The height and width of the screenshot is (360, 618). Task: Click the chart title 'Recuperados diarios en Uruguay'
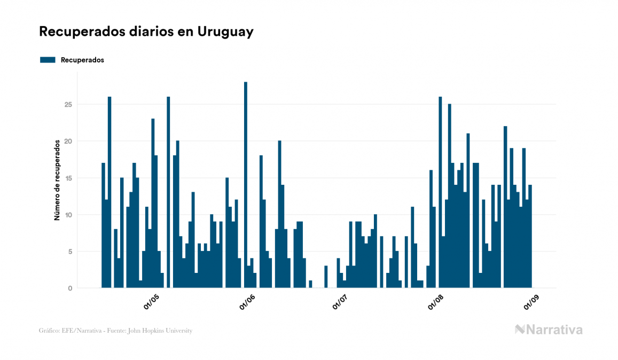pos(146,32)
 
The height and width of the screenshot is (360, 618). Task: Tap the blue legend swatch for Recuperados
pos(48,60)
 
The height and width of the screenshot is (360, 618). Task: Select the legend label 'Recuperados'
pos(82,60)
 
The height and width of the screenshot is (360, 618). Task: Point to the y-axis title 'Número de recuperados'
pos(56,180)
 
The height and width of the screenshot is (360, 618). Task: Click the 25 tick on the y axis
pos(68,104)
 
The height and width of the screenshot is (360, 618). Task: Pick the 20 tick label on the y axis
pos(68,141)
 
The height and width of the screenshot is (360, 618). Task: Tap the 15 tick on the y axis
pos(68,178)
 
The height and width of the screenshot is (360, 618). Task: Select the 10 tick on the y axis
pos(68,215)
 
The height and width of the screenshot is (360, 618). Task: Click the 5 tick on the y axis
pos(69,252)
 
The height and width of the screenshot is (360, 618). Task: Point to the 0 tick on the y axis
pos(69,288)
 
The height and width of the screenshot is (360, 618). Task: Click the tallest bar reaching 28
pos(246,184)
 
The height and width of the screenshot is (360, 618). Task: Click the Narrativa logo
pos(549,330)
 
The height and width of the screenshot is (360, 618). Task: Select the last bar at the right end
pos(530,237)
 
